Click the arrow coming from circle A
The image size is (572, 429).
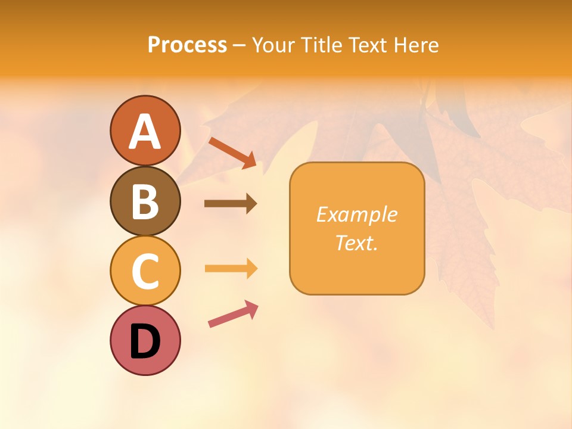(x=233, y=153)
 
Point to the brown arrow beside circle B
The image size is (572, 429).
(x=231, y=204)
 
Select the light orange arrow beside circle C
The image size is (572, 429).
(x=231, y=269)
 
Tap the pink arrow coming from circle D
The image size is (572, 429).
(x=233, y=315)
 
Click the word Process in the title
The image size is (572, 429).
(x=187, y=45)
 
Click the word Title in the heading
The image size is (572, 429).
(x=323, y=45)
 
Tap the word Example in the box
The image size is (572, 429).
(x=356, y=214)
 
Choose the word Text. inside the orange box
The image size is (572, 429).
(x=356, y=243)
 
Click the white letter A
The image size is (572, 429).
(x=145, y=132)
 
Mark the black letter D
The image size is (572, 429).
(x=145, y=343)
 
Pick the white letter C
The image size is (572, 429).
(x=145, y=272)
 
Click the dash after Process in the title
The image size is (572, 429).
(x=240, y=46)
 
